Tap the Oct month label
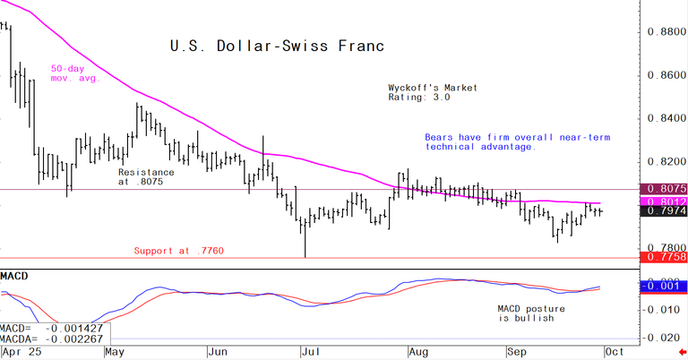(x=615, y=353)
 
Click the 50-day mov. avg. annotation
(x=73, y=73)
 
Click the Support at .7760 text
(x=179, y=251)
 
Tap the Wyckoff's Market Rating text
(x=433, y=93)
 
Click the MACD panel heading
(x=14, y=274)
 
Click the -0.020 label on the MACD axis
(x=664, y=339)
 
